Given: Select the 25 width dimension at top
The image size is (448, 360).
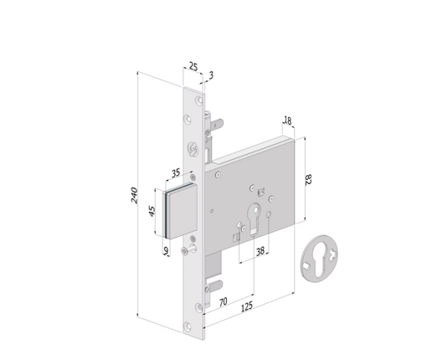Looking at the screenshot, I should [x=193, y=64].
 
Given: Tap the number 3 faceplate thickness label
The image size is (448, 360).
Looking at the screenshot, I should [x=211, y=75].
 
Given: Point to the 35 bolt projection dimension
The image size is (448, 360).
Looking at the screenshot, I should [x=177, y=173].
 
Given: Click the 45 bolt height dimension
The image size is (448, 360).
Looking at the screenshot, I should [x=152, y=211].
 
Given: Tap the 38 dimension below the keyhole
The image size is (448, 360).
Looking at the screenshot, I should [x=260, y=249].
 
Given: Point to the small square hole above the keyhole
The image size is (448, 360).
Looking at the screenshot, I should [x=260, y=190].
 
